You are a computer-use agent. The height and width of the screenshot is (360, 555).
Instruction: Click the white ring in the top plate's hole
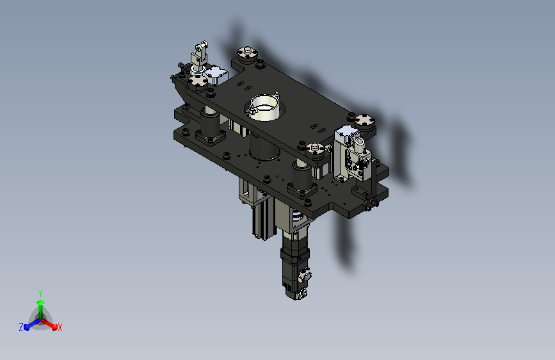pyautogui.click(x=263, y=106)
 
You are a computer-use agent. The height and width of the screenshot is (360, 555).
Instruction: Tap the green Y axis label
pyautogui.click(x=40, y=293)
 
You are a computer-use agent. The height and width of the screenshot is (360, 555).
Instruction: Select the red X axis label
pyautogui.click(x=60, y=327)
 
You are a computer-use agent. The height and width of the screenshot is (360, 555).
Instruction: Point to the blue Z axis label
pyautogui.click(x=21, y=327)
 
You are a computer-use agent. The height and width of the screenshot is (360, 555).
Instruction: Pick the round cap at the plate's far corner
pyautogui.click(x=248, y=54)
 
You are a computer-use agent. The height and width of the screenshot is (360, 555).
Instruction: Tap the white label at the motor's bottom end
pyautogui.click(x=302, y=294)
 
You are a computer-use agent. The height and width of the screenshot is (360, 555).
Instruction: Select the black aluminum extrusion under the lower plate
pyautogui.click(x=264, y=219)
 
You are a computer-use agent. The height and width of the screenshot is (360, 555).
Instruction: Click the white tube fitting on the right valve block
pyautogui.click(x=358, y=143)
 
